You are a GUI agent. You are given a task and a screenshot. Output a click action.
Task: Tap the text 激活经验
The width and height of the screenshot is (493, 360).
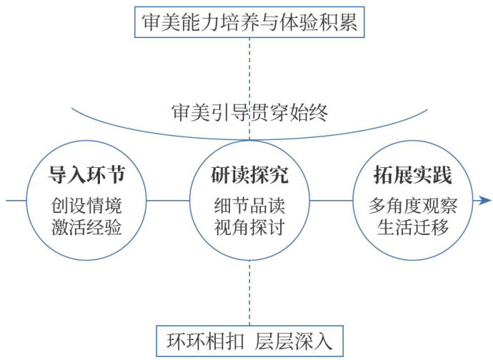[x=86, y=229]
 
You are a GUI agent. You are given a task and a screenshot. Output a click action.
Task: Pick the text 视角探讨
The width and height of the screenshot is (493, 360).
[x=249, y=229]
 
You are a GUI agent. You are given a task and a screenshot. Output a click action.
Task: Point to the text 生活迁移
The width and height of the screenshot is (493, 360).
[x=412, y=229]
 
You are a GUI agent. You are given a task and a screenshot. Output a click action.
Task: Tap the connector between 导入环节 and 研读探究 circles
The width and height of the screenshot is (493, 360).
[x=168, y=201]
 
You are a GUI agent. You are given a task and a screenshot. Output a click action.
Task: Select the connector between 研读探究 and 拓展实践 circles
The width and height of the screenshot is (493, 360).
[x=331, y=201]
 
